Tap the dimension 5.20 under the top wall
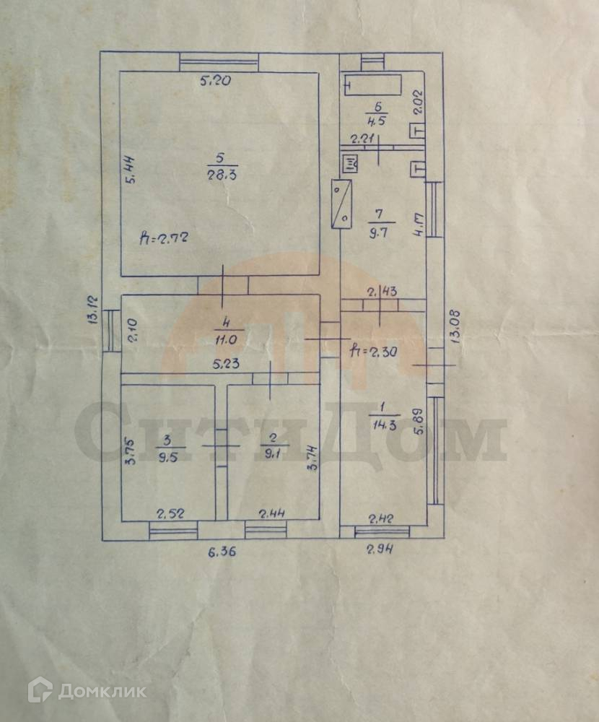(214, 82)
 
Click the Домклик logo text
(101, 691)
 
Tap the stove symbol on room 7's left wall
(341, 204)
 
